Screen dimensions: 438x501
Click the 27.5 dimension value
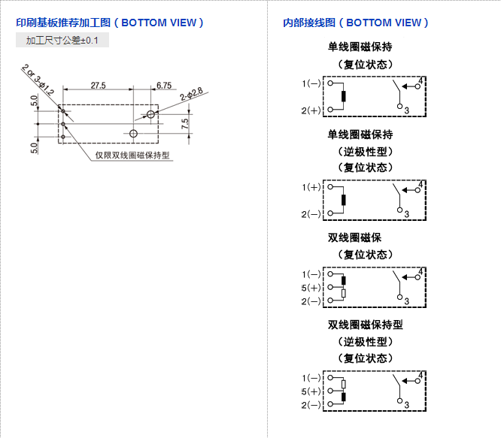(x=98, y=86)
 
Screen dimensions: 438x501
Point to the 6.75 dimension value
(x=164, y=86)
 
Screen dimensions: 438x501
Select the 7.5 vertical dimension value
(x=184, y=122)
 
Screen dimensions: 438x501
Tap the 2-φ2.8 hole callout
(x=191, y=95)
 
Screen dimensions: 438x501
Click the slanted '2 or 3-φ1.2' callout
(x=38, y=81)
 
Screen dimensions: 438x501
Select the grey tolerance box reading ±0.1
(x=62, y=40)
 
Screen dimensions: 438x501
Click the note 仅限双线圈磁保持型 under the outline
(x=132, y=156)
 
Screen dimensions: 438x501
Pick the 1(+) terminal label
(x=311, y=186)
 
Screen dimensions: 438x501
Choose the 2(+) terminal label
(x=311, y=110)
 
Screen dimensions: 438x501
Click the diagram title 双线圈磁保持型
(x=366, y=325)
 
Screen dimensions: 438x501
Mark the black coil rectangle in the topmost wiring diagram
(x=343, y=96)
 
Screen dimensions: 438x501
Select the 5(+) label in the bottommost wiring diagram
(x=311, y=391)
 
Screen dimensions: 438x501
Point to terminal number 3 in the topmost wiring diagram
(x=406, y=111)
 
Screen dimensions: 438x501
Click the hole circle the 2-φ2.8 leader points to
(x=151, y=114)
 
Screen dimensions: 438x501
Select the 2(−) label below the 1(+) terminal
(x=311, y=214)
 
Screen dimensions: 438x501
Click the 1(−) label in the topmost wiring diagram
(x=311, y=83)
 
